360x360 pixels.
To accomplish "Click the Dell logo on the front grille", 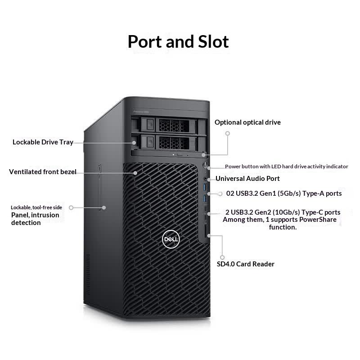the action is pos(171,239).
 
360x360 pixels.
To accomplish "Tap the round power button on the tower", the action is pos(205,165).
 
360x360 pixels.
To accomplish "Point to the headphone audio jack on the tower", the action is pos(205,178).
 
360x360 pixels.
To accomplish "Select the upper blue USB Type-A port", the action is pos(205,187).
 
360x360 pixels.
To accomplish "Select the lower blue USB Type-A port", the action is pos(205,198).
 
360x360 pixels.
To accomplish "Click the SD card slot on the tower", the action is pos(206,230).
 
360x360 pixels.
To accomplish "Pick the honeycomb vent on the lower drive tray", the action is pos(174,143).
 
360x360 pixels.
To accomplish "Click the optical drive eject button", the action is pos(180,155).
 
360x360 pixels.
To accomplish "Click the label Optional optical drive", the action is pos(247,122).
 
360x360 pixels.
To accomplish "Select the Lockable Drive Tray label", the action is pos(43,142).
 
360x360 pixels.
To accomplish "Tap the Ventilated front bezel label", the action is pos(43,172).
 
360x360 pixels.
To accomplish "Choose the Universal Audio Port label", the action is pos(247,179).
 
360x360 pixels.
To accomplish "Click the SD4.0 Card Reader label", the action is pos(245,264).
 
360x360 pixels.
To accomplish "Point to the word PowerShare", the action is pos(318,220).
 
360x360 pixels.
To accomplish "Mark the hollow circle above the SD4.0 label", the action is pos(222,257).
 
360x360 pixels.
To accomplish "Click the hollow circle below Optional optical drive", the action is pos(228,133).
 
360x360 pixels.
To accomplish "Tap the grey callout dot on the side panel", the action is pos(104,207).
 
